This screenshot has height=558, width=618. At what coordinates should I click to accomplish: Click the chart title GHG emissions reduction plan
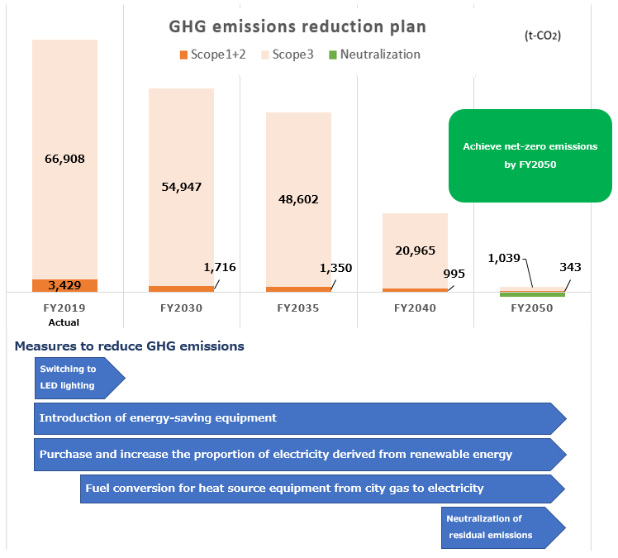click(x=297, y=26)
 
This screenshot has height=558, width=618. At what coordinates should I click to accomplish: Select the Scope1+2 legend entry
click(x=212, y=55)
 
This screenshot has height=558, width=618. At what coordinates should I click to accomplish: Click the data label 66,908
click(x=64, y=159)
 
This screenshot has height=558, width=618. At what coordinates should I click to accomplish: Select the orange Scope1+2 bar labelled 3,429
click(x=64, y=285)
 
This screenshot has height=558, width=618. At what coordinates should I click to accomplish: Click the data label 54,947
click(x=181, y=187)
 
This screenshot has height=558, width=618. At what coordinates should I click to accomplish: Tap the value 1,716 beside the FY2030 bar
click(x=219, y=267)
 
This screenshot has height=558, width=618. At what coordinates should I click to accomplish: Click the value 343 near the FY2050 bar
click(x=570, y=267)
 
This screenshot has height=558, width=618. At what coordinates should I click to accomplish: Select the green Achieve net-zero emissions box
click(x=530, y=155)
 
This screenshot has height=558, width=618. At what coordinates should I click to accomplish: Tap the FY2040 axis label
click(x=415, y=308)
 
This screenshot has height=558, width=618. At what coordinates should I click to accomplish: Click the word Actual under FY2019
click(x=64, y=322)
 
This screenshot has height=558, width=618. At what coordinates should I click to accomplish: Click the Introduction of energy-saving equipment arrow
click(x=297, y=418)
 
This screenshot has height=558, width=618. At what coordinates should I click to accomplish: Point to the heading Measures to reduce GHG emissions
click(x=129, y=346)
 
